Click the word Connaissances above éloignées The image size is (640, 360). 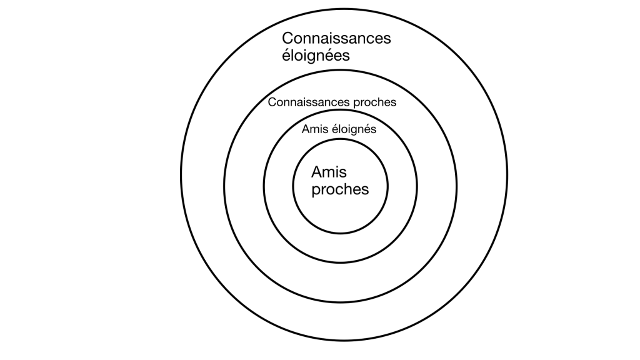336,39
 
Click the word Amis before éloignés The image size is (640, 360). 314,130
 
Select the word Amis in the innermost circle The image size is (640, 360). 329,172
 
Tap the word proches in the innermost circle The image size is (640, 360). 339,189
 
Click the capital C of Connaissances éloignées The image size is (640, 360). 287,39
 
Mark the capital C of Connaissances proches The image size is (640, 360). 271,102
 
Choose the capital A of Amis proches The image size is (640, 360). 316,172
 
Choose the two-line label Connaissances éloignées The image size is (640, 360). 336,47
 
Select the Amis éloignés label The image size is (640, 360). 339,130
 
